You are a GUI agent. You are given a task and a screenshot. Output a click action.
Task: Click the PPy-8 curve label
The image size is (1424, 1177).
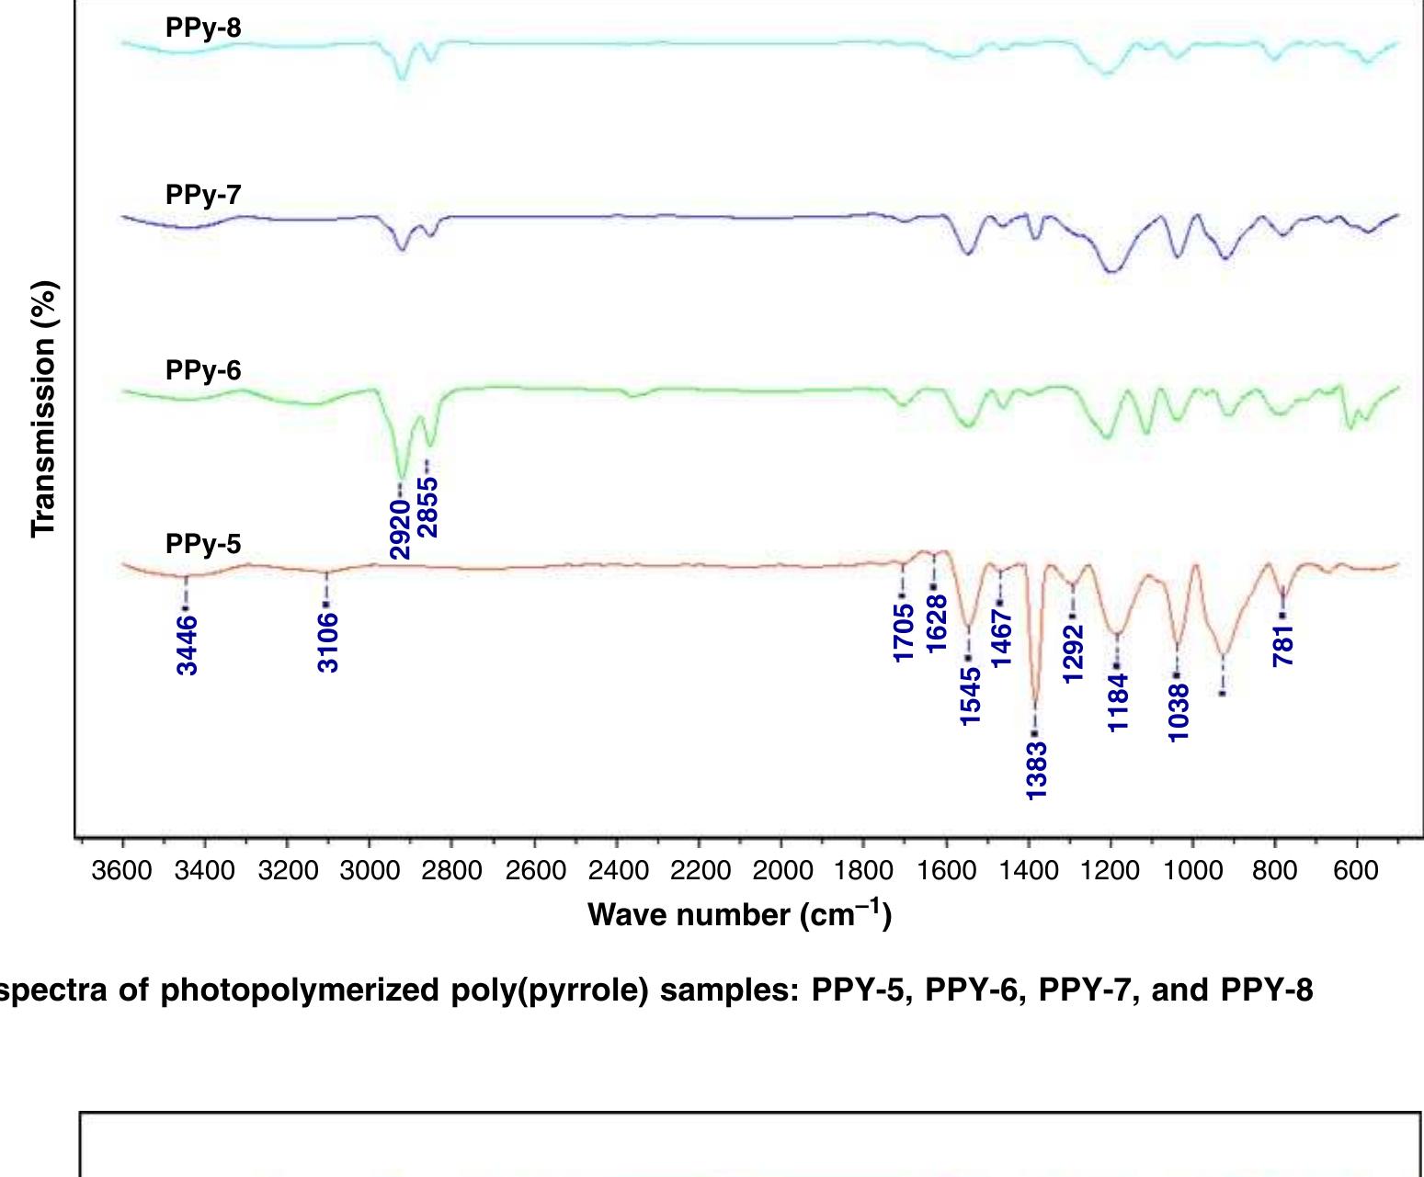click(x=203, y=28)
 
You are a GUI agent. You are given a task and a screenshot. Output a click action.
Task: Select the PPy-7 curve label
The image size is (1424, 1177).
click(x=203, y=195)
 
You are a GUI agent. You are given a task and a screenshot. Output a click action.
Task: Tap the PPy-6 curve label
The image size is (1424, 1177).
click(x=203, y=370)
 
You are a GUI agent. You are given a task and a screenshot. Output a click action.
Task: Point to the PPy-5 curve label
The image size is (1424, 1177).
click(x=203, y=544)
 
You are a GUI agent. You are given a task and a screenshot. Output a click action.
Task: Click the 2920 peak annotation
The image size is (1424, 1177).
click(x=400, y=529)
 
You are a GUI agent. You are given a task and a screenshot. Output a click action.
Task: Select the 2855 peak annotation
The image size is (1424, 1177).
click(x=428, y=506)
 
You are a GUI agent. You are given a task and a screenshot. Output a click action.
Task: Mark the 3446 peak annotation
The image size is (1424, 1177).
click(x=187, y=645)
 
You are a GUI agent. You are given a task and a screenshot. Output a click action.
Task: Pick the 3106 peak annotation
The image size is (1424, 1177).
click(x=328, y=643)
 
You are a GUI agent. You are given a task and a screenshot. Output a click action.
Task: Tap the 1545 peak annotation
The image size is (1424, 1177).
click(x=970, y=696)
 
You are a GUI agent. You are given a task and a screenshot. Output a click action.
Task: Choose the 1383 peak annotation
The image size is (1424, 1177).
click(x=1036, y=770)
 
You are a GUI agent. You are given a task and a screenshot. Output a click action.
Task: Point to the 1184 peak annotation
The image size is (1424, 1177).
click(x=1118, y=702)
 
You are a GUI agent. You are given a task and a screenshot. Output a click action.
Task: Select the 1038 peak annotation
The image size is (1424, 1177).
click(x=1179, y=711)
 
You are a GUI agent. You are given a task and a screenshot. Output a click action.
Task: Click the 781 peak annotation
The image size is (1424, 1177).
click(x=1284, y=645)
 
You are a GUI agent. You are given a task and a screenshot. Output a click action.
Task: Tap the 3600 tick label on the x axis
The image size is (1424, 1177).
click(x=122, y=870)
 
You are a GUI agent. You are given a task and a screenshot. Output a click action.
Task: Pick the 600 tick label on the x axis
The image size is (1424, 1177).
click(x=1356, y=870)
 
